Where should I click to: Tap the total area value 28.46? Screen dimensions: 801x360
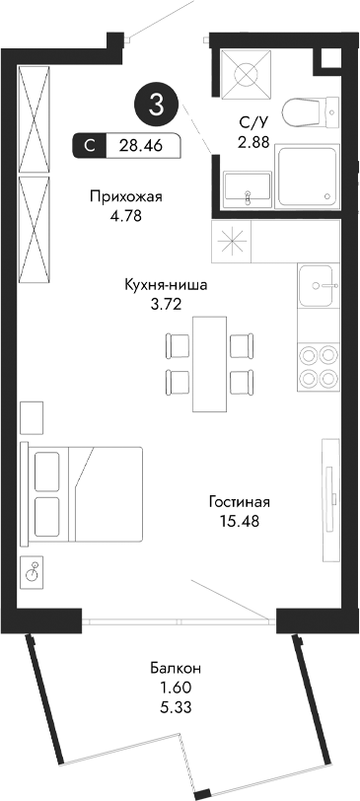141,146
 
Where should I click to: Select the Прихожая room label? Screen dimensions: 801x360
124,196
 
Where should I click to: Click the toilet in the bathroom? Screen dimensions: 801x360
307,112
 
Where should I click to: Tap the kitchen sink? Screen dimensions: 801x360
319,286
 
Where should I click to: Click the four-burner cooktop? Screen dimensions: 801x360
319,364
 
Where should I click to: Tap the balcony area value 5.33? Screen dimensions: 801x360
173,705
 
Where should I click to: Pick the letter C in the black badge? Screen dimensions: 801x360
90,146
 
